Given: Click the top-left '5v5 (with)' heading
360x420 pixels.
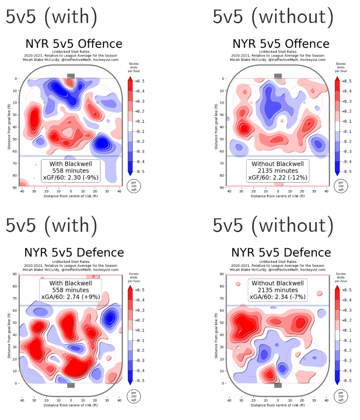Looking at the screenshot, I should click(x=51, y=17).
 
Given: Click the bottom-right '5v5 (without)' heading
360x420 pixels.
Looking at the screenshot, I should click(x=273, y=225).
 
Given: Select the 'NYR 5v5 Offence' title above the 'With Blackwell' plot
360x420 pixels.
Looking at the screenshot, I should click(x=74, y=44).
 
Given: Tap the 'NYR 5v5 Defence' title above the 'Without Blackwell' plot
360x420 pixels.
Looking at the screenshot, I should click(x=281, y=253).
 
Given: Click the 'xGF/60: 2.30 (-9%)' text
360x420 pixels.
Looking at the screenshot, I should click(x=70, y=178).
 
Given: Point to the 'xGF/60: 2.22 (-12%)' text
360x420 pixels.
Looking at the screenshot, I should click(x=278, y=178).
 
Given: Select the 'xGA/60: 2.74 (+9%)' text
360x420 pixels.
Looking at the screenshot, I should click(x=70, y=297).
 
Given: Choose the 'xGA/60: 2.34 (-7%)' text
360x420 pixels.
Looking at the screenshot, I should click(x=278, y=297).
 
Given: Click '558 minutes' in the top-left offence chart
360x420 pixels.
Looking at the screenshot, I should click(x=70, y=171).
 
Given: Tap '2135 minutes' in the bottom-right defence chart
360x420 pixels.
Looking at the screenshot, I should click(x=278, y=290).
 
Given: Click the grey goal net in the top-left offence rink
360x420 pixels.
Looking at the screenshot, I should click(x=71, y=76).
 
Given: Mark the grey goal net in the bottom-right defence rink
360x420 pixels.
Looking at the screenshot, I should click(x=278, y=385).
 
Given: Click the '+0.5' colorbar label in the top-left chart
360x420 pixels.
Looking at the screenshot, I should click(x=139, y=81).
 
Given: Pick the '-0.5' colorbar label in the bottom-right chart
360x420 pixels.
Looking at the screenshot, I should click(x=347, y=381).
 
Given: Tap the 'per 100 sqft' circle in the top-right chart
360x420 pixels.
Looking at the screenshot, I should click(x=341, y=186).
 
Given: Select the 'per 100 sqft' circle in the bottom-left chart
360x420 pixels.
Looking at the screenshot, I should click(x=134, y=396).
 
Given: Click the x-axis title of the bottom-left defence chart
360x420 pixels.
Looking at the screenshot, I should click(x=70, y=405).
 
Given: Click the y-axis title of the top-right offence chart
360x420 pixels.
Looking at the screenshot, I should click(x=216, y=126).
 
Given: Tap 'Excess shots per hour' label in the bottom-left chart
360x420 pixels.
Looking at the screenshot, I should click(x=134, y=277).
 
